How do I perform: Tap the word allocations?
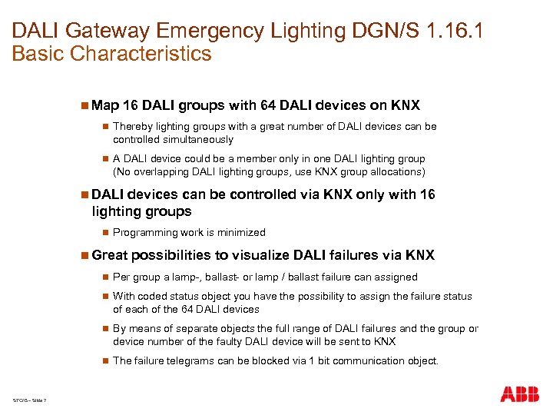point(387,171)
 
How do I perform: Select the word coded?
point(153,296)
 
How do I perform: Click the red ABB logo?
point(519,394)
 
